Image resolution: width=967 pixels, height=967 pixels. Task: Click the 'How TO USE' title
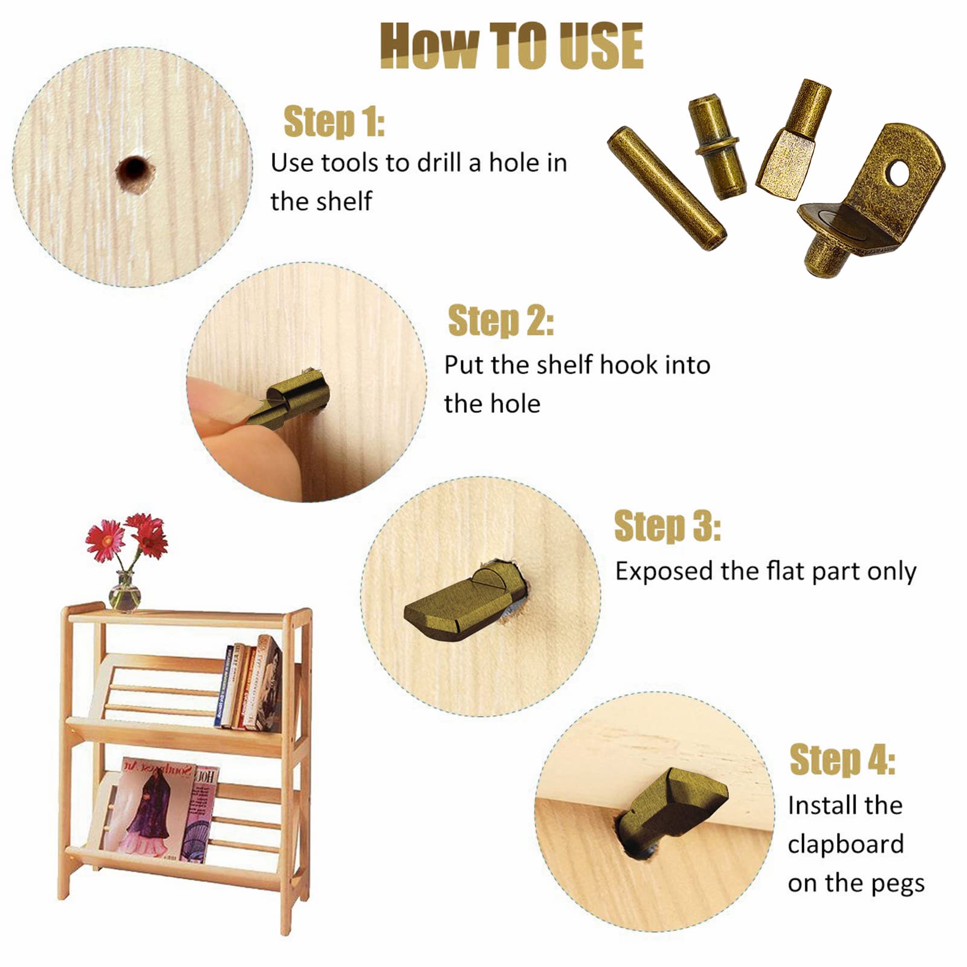point(511,46)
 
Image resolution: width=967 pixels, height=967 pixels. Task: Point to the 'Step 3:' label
point(667,525)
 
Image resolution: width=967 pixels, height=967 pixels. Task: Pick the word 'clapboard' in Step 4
point(846,845)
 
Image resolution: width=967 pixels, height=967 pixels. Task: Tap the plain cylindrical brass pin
point(666,188)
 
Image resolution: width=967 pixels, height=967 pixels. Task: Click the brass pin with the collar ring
point(715,146)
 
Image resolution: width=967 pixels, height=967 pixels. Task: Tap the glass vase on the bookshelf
point(125,592)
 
